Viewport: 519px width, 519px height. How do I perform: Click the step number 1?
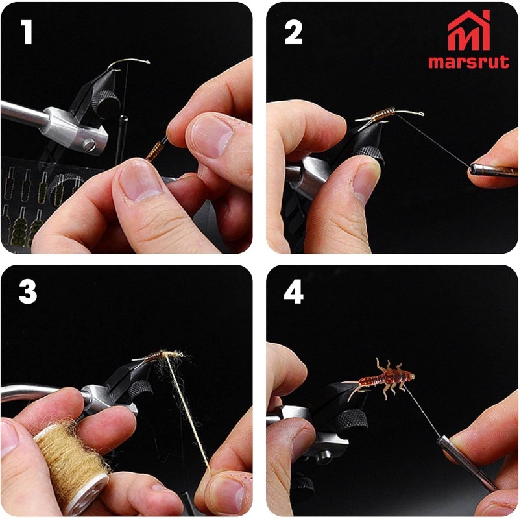pos(27,32)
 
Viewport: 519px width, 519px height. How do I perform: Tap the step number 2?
pos(293,32)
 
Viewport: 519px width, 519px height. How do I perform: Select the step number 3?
pos(28,291)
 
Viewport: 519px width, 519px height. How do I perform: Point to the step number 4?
pos(294,291)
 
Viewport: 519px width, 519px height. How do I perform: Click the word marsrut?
pos(468,62)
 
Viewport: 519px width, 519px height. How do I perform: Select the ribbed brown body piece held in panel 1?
pos(155,151)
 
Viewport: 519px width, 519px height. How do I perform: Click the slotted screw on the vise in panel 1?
pos(89,145)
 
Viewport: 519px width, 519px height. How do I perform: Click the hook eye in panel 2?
pos(421,114)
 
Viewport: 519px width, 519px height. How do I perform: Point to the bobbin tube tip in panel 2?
pos(472,169)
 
